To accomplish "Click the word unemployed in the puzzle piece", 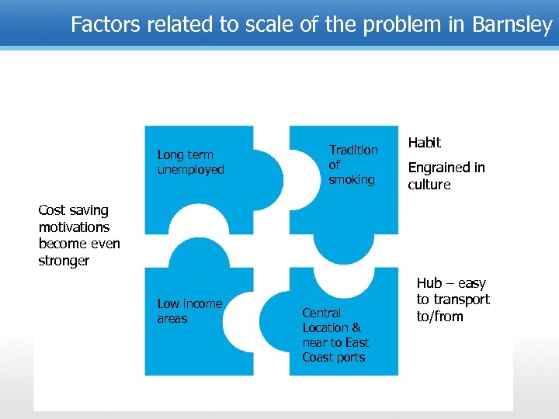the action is (190, 170).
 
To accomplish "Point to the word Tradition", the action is (353, 150).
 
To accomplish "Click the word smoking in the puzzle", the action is (351, 180).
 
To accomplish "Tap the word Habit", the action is (424, 143).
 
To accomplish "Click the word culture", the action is (429, 185).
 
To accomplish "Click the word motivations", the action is (75, 227).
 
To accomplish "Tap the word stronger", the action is (64, 261).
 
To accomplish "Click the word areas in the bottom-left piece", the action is (172, 319).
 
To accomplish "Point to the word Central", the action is (321, 313).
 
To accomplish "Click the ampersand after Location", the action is (356, 328).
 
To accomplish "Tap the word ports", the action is (349, 358).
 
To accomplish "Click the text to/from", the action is (439, 317).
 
